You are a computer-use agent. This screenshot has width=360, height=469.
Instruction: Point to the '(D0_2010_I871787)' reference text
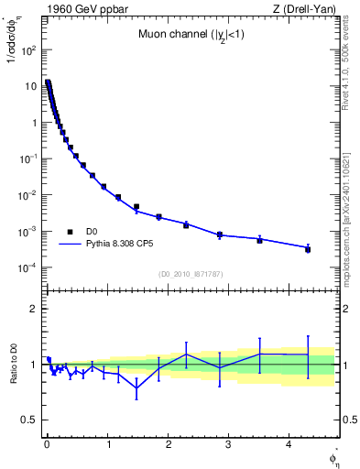(191, 274)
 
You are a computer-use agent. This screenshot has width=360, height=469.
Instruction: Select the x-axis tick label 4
(290, 445)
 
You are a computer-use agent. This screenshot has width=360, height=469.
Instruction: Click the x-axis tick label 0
(47, 445)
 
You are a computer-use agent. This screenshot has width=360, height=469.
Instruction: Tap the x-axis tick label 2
(169, 445)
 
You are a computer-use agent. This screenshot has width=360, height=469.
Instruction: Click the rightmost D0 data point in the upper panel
(308, 249)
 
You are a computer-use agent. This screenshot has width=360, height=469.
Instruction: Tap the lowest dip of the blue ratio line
(136, 387)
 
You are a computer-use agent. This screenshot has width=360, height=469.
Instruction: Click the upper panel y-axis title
(12, 64)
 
